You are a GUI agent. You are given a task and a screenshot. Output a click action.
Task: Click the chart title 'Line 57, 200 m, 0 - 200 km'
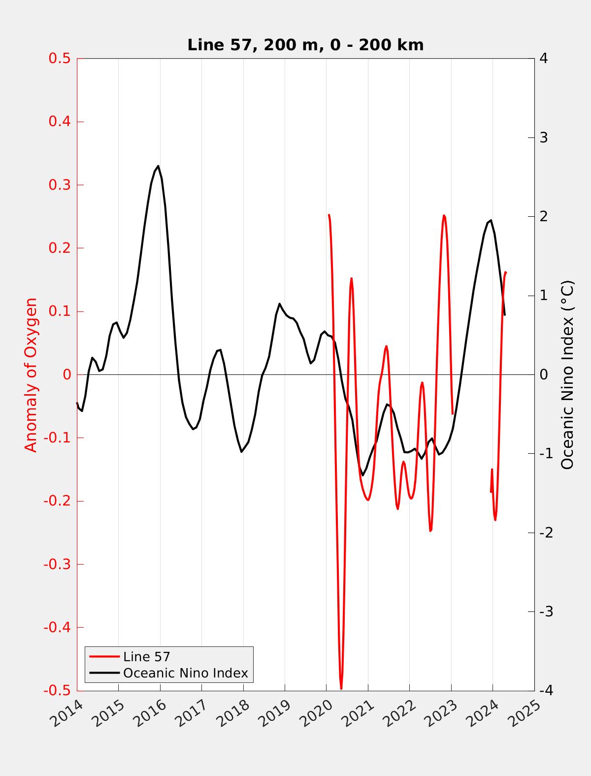pos(305,45)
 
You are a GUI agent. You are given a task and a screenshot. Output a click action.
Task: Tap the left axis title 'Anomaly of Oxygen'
pos(31,374)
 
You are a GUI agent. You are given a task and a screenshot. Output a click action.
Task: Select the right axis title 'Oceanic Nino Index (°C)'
pos(568,374)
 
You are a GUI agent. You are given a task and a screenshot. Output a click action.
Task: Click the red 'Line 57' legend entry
pos(146,656)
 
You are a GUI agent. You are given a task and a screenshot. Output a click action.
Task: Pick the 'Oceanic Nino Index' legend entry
pos(185,673)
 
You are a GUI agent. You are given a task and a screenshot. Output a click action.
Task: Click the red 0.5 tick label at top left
pos(60,59)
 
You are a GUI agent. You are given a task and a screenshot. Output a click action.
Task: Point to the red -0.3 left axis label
pos(57,564)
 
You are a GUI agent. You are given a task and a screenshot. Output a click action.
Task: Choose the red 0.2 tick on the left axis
pos(60,248)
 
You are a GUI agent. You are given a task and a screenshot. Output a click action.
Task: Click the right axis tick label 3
pos(544,137)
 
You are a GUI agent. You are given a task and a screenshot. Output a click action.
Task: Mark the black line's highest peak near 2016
pos(158,166)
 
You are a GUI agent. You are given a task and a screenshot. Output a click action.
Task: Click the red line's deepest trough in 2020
pos(341,688)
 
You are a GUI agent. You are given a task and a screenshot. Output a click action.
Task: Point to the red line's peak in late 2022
pos(444,215)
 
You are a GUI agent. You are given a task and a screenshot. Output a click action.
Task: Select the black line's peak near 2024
pos(491,220)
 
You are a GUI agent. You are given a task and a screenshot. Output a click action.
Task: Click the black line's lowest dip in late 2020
pos(362,475)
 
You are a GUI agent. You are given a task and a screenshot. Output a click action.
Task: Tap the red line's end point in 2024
pos(506,272)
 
